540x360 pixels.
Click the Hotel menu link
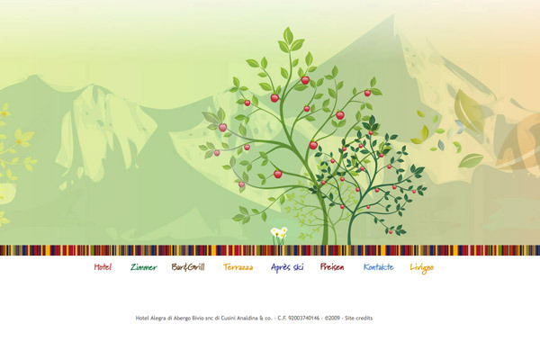[x=103, y=267]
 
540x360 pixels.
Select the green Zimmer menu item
[x=144, y=267]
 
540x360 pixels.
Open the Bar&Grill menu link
[x=188, y=267]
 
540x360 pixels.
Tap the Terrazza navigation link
[x=238, y=267]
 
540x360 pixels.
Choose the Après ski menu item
[x=287, y=267]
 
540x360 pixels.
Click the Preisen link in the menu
[x=332, y=267]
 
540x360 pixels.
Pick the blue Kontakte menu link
[x=379, y=267]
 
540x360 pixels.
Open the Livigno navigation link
[x=422, y=268]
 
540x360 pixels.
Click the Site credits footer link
[x=359, y=318]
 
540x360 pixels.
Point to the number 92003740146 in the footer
[x=304, y=318]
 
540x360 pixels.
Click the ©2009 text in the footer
[x=332, y=318]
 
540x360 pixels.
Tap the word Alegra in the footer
[x=158, y=318]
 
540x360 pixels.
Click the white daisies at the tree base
[x=279, y=234]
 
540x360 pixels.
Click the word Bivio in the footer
[x=198, y=318]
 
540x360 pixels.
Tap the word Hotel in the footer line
[x=142, y=318]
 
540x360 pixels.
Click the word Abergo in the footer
[x=182, y=318]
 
